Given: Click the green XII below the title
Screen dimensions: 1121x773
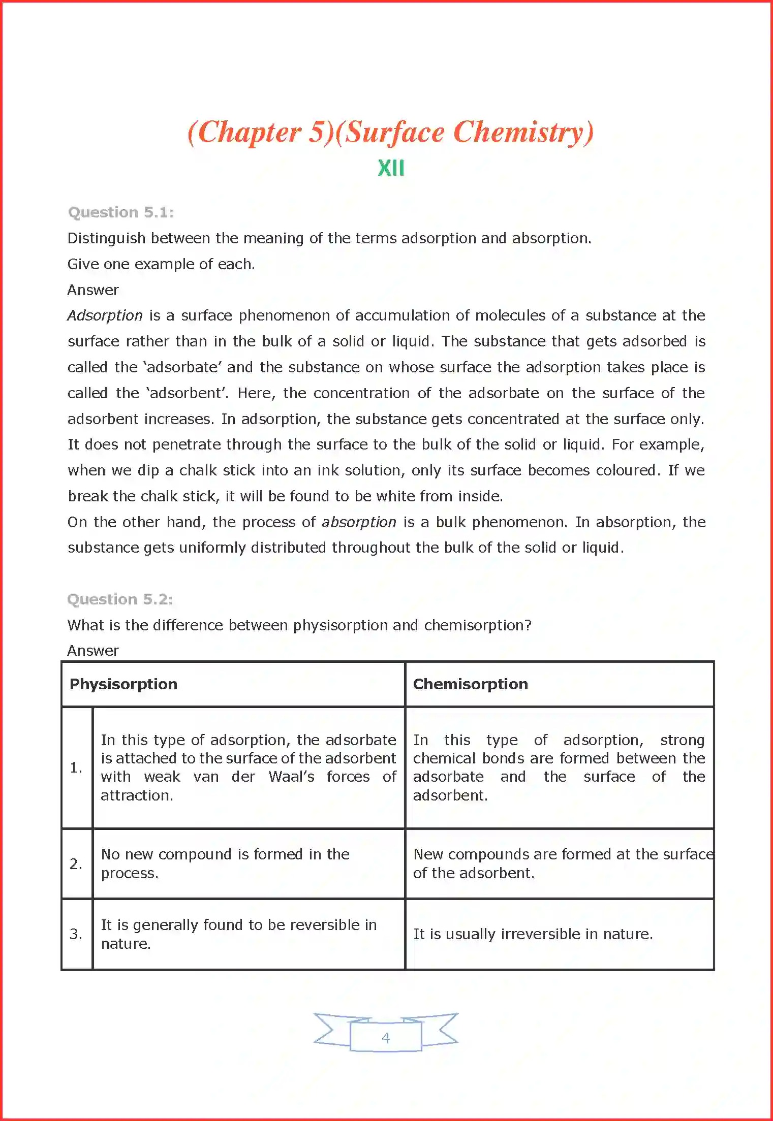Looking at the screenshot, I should (x=391, y=168).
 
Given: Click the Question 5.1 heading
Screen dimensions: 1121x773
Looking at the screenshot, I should (x=121, y=212).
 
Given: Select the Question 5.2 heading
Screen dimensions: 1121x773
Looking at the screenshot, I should (x=120, y=599).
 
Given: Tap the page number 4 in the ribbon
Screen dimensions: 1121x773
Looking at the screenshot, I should (x=386, y=1038).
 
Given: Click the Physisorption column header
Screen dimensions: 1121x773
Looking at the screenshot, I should (x=123, y=684).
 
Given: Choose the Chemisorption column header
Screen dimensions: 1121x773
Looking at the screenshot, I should (x=470, y=684).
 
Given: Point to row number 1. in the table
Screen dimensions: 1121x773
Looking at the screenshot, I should (x=76, y=767).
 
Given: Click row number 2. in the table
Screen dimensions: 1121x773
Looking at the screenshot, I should (x=76, y=863).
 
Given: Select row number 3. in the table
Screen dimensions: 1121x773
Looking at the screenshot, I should (x=76, y=934).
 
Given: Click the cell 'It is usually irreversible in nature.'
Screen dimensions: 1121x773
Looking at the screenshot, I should (x=533, y=934).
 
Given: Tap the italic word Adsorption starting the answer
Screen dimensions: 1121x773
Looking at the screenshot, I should (x=105, y=315).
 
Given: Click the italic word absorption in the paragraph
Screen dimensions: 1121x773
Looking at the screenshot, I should (x=359, y=522).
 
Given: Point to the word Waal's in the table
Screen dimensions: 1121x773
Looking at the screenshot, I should (x=291, y=777).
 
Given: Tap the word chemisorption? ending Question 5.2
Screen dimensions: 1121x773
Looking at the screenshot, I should (x=478, y=625).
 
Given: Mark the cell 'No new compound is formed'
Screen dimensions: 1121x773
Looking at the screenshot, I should (x=225, y=863).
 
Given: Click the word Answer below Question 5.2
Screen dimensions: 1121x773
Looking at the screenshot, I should (x=93, y=651).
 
